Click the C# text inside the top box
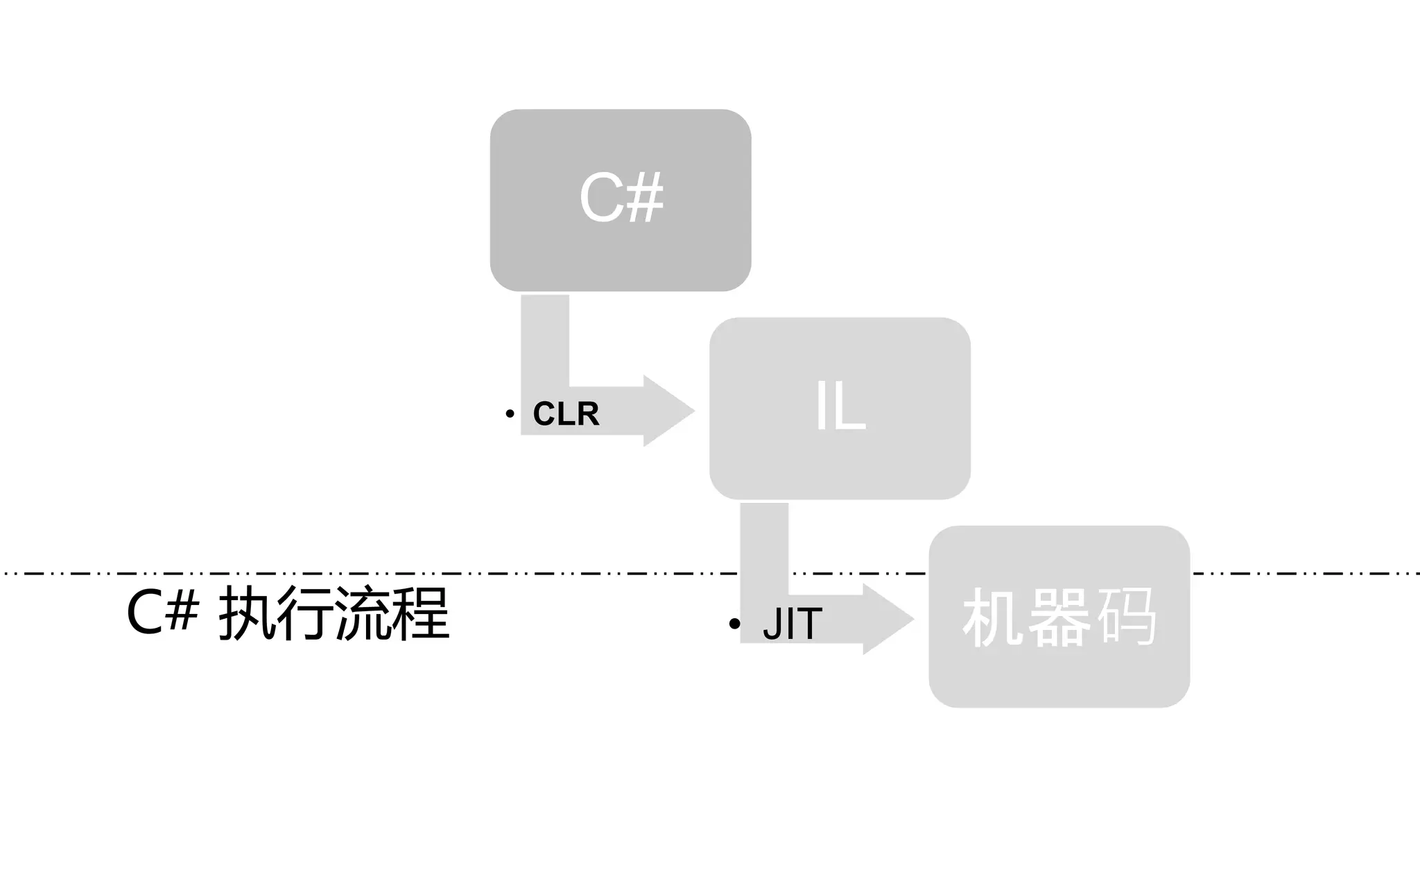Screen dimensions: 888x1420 click(621, 198)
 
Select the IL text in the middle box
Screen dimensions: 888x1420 click(840, 407)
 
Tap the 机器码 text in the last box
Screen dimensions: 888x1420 click(1059, 617)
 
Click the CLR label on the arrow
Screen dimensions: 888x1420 click(566, 414)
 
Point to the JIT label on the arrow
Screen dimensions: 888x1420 click(792, 624)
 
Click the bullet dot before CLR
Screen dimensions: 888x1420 click(510, 414)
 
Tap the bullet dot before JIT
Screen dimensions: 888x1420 click(735, 624)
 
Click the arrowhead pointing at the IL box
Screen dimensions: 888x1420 click(667, 411)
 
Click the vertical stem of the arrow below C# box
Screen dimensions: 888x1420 click(545, 340)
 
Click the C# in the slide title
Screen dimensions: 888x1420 click(162, 613)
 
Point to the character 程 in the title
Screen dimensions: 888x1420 click(420, 613)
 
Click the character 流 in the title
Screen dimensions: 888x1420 click(363, 613)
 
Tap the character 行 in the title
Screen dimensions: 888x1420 click(306, 613)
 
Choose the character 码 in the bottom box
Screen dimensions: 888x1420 click(1127, 617)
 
